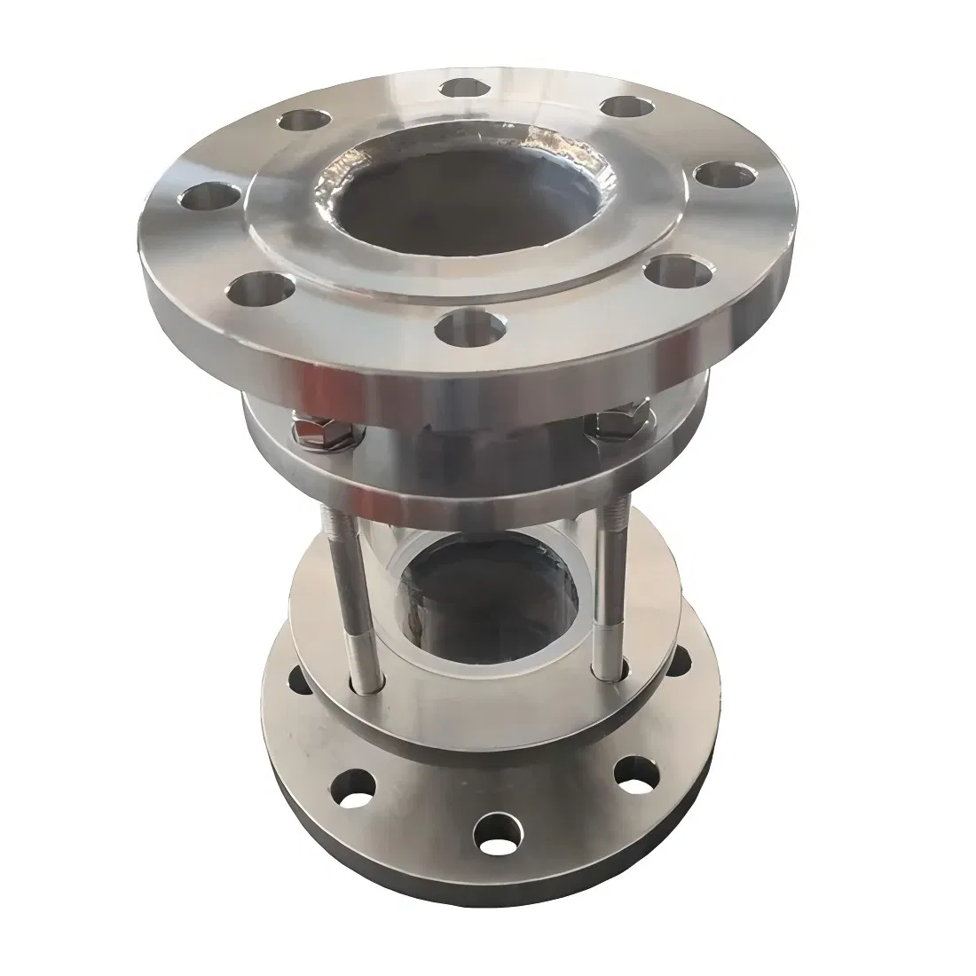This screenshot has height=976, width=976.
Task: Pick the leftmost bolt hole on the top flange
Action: (x=202, y=194)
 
